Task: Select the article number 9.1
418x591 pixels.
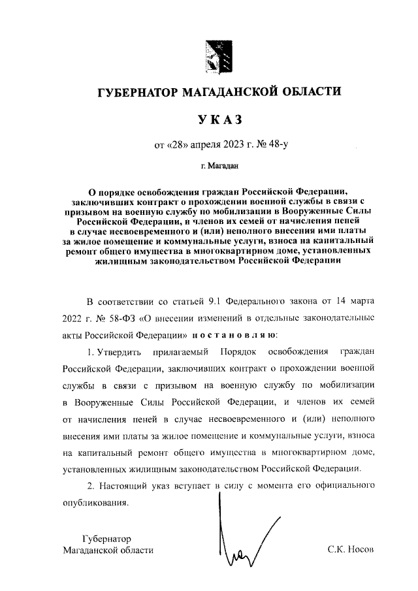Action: (x=216, y=302)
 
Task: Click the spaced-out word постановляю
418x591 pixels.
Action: (x=234, y=335)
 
